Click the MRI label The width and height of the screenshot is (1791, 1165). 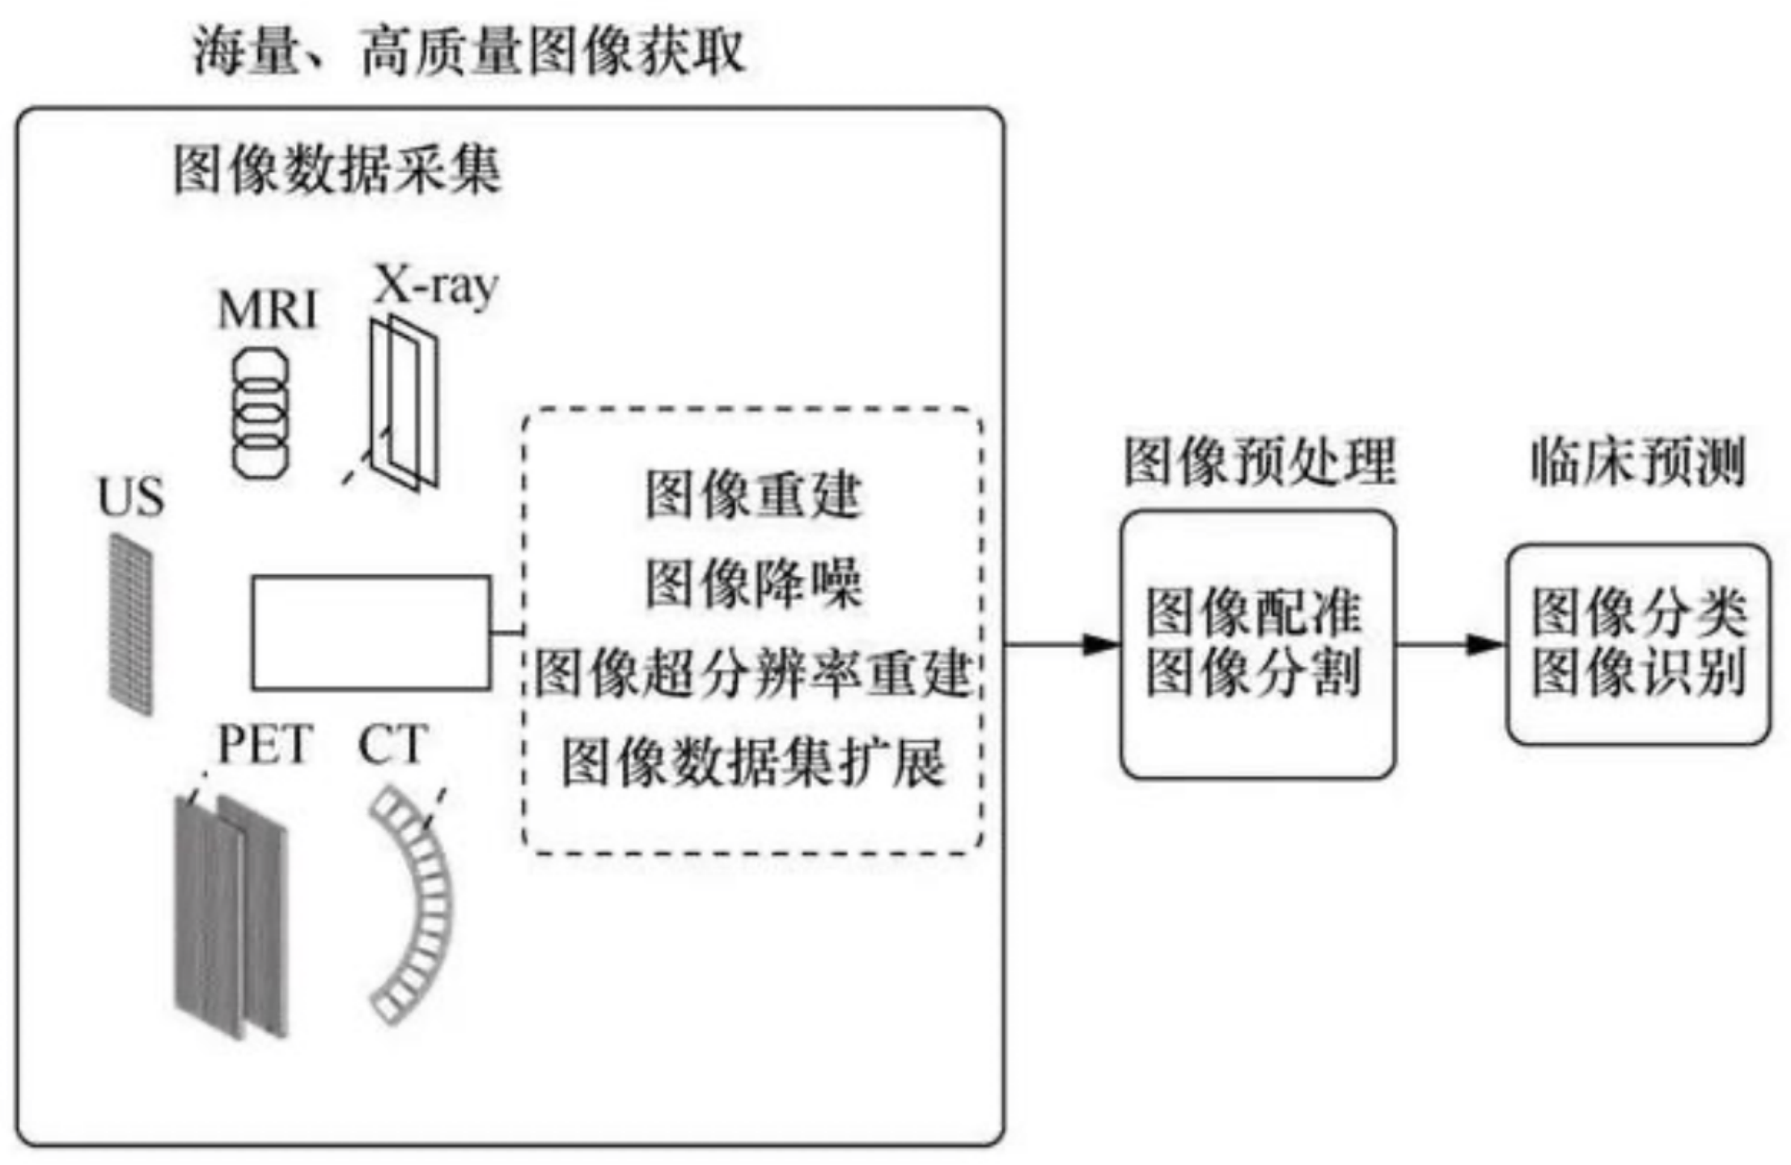(268, 311)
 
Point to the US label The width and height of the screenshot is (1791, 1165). (131, 497)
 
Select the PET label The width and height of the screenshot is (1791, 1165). (265, 744)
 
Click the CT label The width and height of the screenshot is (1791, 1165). (392, 744)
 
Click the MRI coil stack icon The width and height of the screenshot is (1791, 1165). (260, 413)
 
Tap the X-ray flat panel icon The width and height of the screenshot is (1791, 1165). (404, 403)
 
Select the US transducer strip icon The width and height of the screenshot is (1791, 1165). (131, 623)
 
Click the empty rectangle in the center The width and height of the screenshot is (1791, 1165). (370, 633)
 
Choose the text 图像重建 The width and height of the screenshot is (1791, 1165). (752, 495)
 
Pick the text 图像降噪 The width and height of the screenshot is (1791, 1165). (752, 583)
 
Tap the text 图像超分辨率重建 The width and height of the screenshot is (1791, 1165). (752, 673)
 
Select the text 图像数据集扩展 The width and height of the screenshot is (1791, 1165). (752, 762)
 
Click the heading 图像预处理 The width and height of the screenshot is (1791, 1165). (1259, 462)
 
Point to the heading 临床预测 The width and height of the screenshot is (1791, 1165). (1639, 462)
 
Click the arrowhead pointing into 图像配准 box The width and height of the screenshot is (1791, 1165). (1102, 645)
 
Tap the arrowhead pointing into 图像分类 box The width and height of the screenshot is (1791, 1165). (1487, 645)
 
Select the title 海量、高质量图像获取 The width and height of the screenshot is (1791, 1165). (468, 53)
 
